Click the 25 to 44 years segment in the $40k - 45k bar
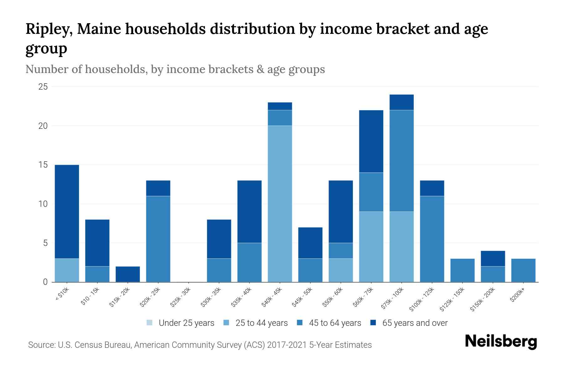point(280,204)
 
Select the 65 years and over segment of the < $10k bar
point(67,211)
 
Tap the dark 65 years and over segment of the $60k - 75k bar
point(371,141)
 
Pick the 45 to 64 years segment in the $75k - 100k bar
point(401,161)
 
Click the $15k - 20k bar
point(128,274)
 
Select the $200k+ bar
point(523,270)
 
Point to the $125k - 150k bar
point(462,270)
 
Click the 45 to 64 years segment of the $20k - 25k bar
point(158,239)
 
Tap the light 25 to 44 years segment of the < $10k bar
point(67,270)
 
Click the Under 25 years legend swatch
point(150,323)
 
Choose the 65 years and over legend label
point(415,323)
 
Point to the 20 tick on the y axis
point(43,126)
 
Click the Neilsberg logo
point(501,342)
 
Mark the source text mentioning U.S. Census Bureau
point(200,345)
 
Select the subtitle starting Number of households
point(175,69)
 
